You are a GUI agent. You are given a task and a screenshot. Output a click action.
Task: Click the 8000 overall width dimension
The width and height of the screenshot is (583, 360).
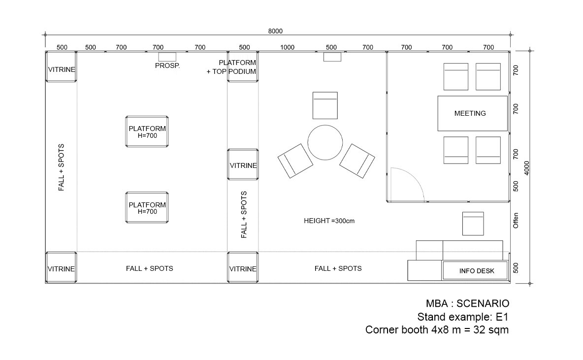pos(275,31)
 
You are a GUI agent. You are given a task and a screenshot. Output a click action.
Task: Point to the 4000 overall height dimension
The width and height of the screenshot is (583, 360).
pos(526,168)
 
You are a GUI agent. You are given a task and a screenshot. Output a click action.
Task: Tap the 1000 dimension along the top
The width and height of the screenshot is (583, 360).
pos(287,47)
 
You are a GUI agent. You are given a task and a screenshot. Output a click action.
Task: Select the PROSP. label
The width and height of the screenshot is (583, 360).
pos(167,66)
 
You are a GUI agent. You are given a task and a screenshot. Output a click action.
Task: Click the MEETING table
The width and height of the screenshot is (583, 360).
pos(472,113)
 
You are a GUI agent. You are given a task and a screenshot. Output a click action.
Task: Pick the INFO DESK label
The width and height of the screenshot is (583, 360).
pos(477,271)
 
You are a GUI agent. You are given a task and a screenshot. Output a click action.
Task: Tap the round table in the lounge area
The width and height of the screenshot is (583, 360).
pos(325,142)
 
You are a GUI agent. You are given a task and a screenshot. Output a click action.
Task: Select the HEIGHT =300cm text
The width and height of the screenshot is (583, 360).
pos(329,221)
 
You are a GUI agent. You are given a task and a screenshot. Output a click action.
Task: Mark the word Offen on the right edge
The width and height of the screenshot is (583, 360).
pos(516,221)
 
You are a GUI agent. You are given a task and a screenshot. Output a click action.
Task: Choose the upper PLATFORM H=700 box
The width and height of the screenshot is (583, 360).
pos(147,131)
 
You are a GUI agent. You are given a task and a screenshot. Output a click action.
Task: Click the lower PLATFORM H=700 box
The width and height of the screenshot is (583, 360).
pos(147,207)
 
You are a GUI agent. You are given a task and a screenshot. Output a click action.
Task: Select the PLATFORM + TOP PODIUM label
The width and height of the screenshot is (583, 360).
pos(231,67)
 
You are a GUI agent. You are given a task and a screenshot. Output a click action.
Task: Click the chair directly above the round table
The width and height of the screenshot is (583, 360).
pos(325,105)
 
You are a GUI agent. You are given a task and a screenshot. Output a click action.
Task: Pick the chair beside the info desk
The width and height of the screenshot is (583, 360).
pos(473,224)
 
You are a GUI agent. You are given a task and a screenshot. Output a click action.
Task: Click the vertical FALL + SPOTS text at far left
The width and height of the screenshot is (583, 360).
pos(62,167)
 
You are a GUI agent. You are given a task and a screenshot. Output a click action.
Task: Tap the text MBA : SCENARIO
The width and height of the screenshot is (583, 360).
pos(467,303)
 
